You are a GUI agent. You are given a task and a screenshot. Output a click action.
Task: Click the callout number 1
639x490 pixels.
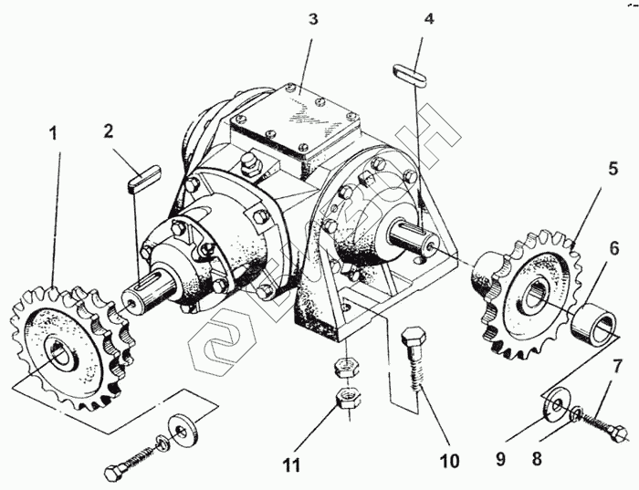(x=53, y=133)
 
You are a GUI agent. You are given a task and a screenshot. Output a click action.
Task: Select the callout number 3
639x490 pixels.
(x=312, y=20)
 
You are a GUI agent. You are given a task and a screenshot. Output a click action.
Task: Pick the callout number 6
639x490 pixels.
(x=615, y=248)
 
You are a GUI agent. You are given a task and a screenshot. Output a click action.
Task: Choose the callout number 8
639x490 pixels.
(x=538, y=459)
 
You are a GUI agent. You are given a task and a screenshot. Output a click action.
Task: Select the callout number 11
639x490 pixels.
(x=291, y=465)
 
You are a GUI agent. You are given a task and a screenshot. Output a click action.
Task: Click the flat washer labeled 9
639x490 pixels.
(x=555, y=403)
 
